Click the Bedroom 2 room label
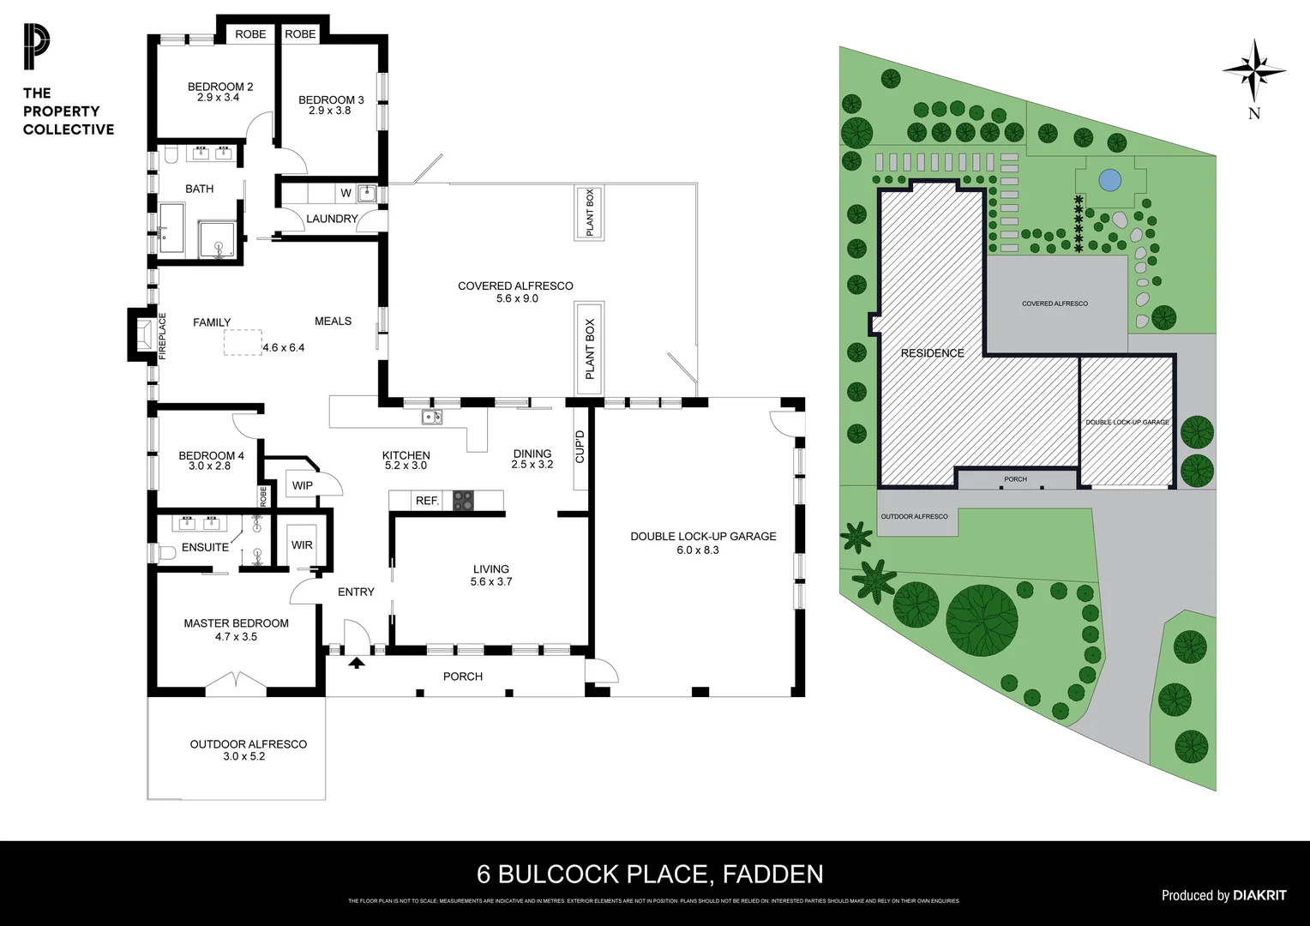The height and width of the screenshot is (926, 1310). tap(220, 87)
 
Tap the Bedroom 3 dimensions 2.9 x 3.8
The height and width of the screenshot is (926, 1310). tap(331, 111)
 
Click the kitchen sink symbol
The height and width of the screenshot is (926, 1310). tap(431, 418)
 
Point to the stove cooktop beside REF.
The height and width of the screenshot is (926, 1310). tap(463, 500)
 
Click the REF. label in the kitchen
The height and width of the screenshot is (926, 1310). tap(427, 501)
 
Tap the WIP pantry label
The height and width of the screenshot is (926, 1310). tap(302, 485)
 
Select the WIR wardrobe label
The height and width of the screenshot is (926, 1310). tap(302, 544)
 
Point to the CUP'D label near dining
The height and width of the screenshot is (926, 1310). tap(580, 446)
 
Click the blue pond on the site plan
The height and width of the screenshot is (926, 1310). tap(1109, 180)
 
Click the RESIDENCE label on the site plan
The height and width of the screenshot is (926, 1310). tap(932, 352)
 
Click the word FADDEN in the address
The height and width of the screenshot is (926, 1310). tap(773, 874)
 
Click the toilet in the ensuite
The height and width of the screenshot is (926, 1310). tap(168, 551)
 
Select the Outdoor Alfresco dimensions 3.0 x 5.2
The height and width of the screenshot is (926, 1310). tap(248, 756)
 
